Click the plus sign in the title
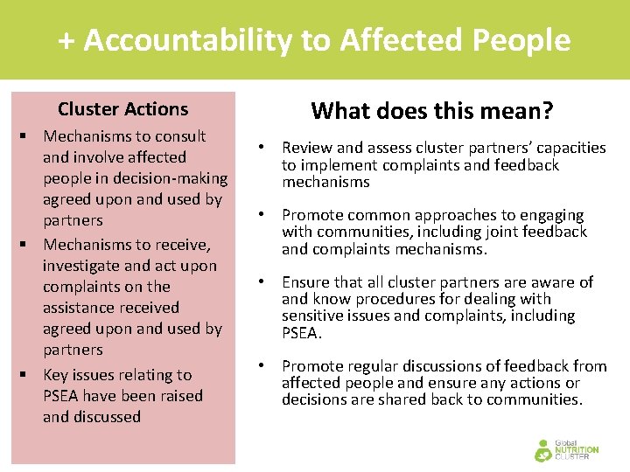[66, 41]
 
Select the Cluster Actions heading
[122, 109]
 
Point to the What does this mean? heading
[432, 111]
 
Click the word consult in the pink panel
[178, 136]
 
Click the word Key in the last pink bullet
[59, 375]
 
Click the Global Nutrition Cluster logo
[567, 449]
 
